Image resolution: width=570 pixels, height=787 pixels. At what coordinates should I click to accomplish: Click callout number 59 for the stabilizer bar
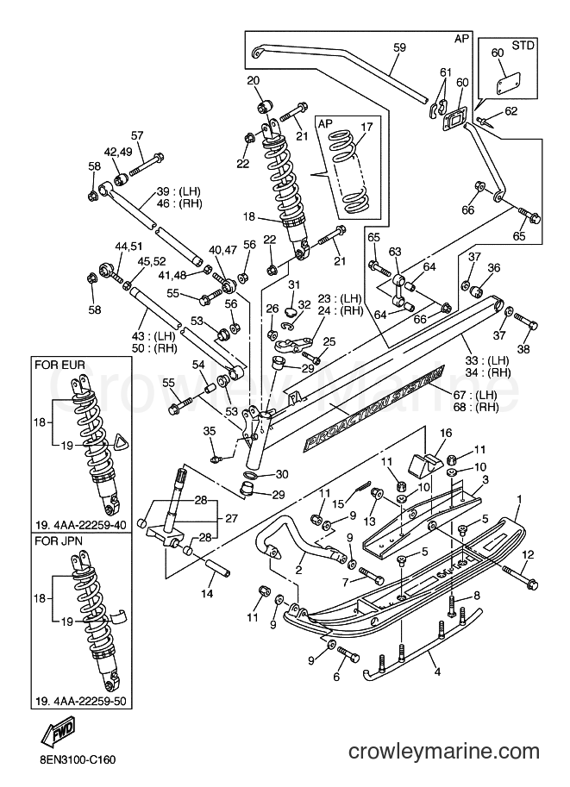click(399, 47)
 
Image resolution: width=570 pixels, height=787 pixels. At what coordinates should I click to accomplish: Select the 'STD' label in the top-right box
click(523, 45)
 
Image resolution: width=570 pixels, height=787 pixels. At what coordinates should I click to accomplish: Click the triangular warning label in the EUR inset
click(120, 441)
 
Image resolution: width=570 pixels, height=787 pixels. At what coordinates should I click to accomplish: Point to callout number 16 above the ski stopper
click(446, 433)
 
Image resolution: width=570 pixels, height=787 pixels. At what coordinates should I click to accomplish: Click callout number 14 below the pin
click(207, 594)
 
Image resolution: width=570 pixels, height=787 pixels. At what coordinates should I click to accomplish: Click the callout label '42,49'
click(118, 152)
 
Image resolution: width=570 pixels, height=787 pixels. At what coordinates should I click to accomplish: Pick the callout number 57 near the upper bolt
click(137, 135)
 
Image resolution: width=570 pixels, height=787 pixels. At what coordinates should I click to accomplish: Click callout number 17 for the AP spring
click(366, 127)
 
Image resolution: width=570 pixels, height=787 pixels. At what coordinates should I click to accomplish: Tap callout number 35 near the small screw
click(210, 431)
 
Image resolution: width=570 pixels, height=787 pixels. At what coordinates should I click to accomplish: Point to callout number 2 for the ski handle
click(298, 570)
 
